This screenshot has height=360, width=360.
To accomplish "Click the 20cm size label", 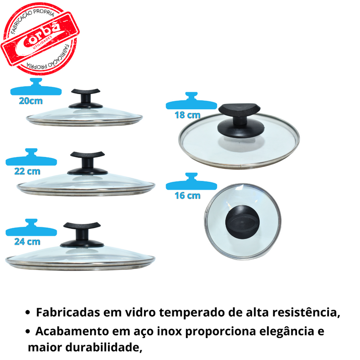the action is coord(31,101).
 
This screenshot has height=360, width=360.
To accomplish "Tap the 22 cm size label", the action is coord(27,171).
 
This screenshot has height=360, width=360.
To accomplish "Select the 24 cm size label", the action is coord(27,242).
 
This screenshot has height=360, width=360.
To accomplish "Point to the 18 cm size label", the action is coord(187,115).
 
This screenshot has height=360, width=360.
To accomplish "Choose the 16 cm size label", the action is coord(187,196).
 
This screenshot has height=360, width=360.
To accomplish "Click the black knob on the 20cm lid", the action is coord(85,99).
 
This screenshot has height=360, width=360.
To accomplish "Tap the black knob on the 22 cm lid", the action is coord(87,163).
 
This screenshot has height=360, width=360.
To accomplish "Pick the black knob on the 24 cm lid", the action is coord(82,234).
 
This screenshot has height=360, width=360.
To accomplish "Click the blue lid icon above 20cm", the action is coord(36,87).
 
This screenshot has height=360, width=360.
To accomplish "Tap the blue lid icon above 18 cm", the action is coord(192,101).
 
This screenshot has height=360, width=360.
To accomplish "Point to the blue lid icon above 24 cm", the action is coord(31,227).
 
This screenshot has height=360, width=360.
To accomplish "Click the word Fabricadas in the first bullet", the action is coord(68,312).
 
